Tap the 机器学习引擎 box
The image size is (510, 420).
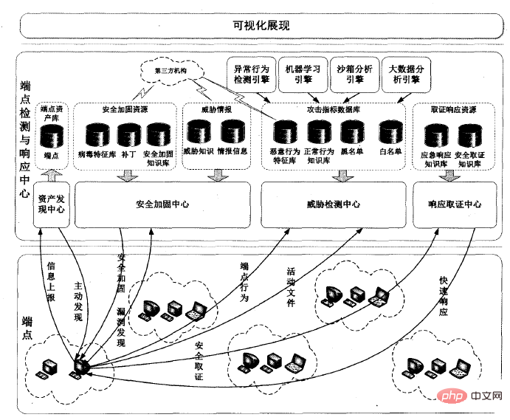point(303,73)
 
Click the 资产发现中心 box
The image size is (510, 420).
point(50,204)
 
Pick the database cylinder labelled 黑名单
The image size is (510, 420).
point(353,134)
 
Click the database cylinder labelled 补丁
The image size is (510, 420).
point(128,135)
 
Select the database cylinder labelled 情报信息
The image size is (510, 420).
point(232,134)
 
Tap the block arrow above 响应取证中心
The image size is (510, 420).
point(456,176)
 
